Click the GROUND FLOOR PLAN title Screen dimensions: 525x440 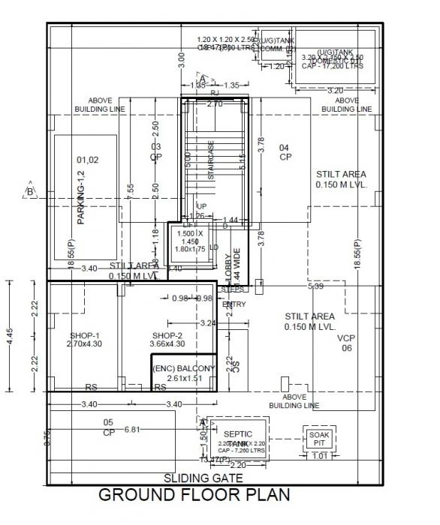[194, 496]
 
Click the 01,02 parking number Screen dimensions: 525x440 [87, 160]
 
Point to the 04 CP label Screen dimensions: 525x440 [285, 152]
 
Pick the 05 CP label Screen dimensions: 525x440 [108, 427]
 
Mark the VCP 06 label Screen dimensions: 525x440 [346, 343]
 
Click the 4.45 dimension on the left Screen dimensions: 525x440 [9, 335]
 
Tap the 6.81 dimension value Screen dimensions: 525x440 [132, 430]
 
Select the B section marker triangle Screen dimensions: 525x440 [30, 190]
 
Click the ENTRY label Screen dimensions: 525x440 [234, 304]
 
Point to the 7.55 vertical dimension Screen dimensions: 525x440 [131, 190]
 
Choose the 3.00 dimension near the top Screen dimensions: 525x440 [180, 61]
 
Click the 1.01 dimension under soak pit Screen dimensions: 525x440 [319, 454]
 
